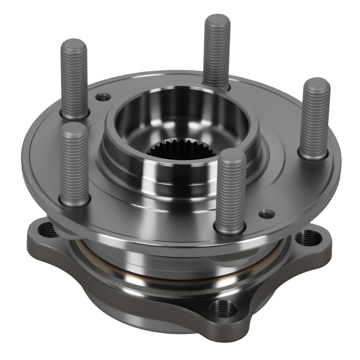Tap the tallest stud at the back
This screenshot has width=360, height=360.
(x=217, y=50)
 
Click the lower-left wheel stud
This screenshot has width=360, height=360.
(x=75, y=164)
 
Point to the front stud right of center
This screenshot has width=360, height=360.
(x=231, y=191)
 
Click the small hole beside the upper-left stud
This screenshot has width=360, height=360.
(x=103, y=97)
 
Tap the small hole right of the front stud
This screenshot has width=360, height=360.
(x=267, y=214)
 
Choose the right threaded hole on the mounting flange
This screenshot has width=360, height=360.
(x=309, y=238)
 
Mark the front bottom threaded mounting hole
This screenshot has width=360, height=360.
(x=223, y=309)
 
